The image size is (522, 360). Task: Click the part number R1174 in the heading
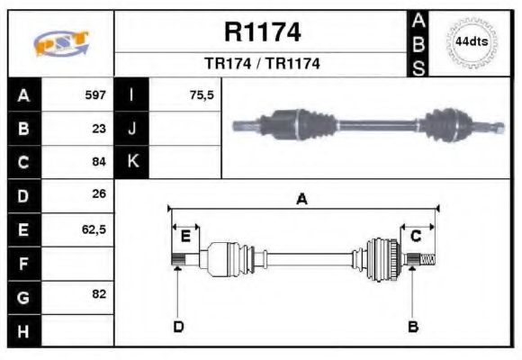pyautogui.click(x=262, y=33)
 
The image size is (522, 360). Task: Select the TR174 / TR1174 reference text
pyautogui.click(x=262, y=65)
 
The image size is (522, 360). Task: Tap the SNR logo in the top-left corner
pyautogui.click(x=60, y=43)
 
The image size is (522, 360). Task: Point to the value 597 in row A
pyautogui.click(x=95, y=94)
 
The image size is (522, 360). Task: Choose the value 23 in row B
pyautogui.click(x=99, y=128)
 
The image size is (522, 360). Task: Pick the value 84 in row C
pyautogui.click(x=99, y=162)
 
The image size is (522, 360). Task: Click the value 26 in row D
pyautogui.click(x=99, y=194)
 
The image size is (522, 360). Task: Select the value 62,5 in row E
pyautogui.click(x=94, y=229)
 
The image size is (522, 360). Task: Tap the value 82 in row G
pyautogui.click(x=99, y=294)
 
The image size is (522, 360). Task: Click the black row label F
pyautogui.click(x=23, y=263)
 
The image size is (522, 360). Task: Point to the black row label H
pyautogui.click(x=23, y=329)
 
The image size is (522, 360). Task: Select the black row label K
pyautogui.click(x=132, y=162)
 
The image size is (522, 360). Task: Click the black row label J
pyautogui.click(x=132, y=128)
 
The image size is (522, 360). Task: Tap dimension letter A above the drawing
pyautogui.click(x=302, y=200)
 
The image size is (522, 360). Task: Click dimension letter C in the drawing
pyautogui.click(x=416, y=237)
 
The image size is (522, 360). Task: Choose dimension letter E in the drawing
pyautogui.click(x=185, y=237)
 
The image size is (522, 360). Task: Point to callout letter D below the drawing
pyautogui.click(x=178, y=326)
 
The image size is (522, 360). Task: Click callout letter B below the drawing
pyautogui.click(x=413, y=326)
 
